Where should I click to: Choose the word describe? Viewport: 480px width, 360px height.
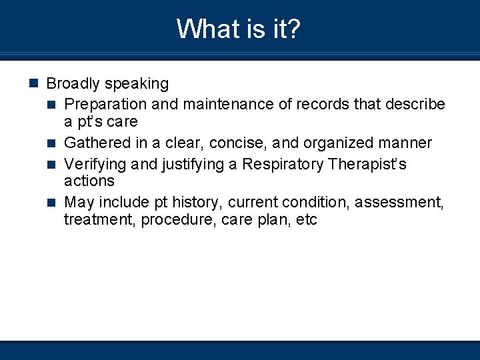tap(415, 105)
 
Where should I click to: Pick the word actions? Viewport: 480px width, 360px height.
tap(89, 181)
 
